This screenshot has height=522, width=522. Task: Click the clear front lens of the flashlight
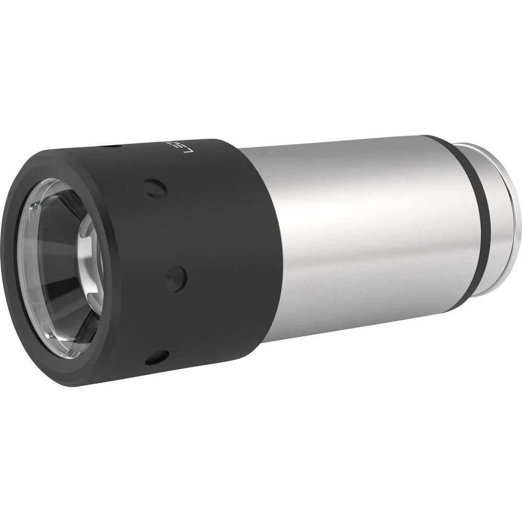click(x=57, y=271)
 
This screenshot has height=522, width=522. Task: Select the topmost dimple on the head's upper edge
click(x=111, y=147)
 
